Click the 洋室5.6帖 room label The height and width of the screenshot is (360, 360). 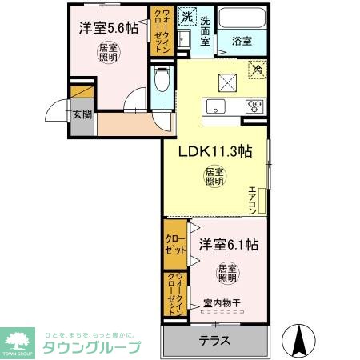click(x=108, y=28)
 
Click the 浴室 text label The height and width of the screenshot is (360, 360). click(x=242, y=40)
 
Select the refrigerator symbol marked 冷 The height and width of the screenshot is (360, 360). click(x=257, y=70)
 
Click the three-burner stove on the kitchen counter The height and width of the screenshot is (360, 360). click(x=256, y=106)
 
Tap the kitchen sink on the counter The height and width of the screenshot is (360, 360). click(x=216, y=106)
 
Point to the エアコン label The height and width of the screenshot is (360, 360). click(x=251, y=201)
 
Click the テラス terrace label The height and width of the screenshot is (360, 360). click(x=214, y=340)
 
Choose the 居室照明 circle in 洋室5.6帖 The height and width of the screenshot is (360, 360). click(x=107, y=53)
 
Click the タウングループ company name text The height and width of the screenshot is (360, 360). click(x=92, y=347)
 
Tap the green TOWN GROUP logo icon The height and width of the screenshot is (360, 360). click(x=19, y=341)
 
